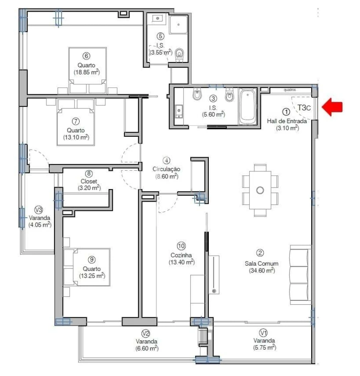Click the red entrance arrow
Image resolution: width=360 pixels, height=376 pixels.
(x=332, y=108)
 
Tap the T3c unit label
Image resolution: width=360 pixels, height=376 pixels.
(x=304, y=108)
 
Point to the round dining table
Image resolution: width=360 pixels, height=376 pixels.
(x=260, y=190)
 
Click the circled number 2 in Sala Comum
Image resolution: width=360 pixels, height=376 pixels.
(x=260, y=253)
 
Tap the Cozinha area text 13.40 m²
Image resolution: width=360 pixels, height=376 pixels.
(x=182, y=262)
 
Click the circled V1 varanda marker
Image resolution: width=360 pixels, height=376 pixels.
(x=263, y=333)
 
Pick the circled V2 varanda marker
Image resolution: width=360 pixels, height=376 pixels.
(x=146, y=333)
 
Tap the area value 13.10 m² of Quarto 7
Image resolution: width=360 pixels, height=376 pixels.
(x=76, y=137)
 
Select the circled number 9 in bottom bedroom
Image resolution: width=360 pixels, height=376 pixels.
(x=92, y=261)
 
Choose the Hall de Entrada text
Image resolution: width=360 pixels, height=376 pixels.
(x=287, y=121)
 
